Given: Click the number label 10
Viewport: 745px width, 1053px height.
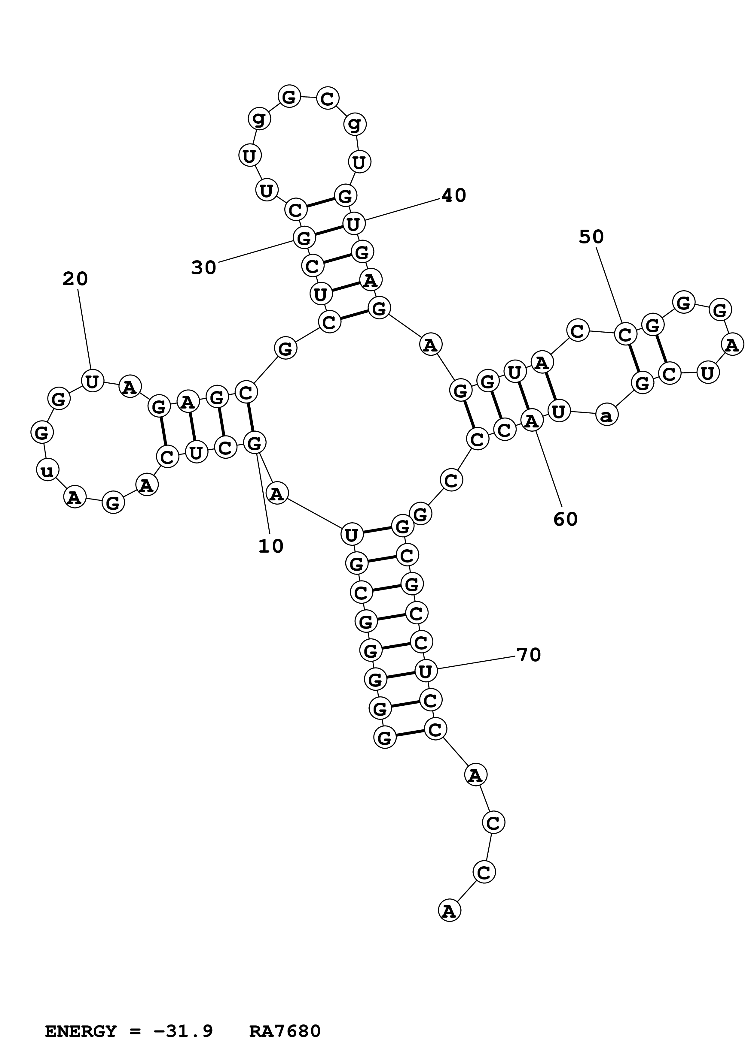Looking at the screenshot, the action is point(271,546).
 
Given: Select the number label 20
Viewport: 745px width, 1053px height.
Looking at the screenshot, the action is point(75,279).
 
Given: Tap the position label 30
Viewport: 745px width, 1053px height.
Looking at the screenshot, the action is point(203,268).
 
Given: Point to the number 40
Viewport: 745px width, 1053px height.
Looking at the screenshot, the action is point(453,196).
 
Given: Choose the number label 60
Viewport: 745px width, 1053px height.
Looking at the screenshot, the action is point(565,519).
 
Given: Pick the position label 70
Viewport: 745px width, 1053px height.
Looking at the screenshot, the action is point(529,655).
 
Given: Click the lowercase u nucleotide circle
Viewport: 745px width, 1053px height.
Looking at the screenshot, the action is point(47,470).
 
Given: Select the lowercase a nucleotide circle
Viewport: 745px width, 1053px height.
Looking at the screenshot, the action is point(606,416).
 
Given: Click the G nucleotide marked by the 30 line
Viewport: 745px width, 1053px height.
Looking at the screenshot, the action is point(304,238).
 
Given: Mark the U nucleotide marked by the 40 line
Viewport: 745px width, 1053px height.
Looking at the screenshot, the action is point(353,224).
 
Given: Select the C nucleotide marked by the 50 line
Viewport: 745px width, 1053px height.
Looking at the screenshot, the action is point(625,334).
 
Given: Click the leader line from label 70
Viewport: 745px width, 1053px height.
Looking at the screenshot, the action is point(478,663).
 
